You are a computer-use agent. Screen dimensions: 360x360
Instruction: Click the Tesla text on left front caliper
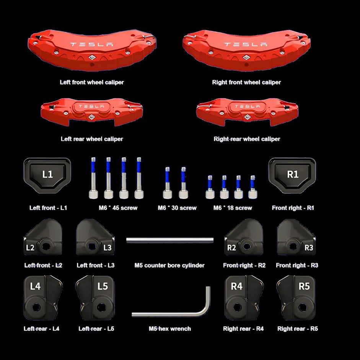click(x=91, y=44)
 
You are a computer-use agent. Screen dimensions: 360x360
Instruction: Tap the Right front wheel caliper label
click(x=246, y=82)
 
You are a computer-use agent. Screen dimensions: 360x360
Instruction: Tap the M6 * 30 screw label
click(x=177, y=208)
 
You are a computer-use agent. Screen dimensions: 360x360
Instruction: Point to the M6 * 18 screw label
click(x=233, y=208)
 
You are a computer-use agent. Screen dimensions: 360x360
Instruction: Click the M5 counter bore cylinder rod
click(x=169, y=239)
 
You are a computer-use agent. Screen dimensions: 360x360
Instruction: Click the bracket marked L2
click(x=43, y=239)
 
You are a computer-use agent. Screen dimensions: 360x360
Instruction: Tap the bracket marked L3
click(x=94, y=239)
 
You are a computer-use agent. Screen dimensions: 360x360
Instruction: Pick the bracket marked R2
click(x=244, y=239)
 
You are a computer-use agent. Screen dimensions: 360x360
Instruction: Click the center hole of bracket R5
click(x=302, y=307)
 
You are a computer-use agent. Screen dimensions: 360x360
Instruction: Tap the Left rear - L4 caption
click(x=41, y=329)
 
